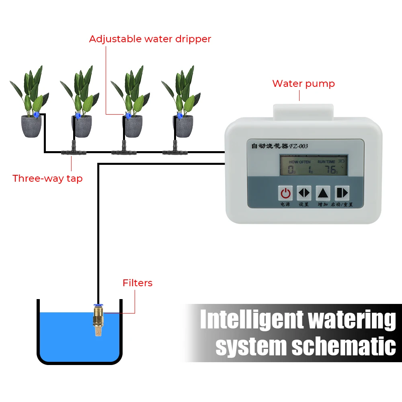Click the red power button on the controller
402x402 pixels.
click(x=285, y=193)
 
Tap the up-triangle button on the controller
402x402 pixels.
click(x=323, y=193)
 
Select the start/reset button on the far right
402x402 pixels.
click(x=342, y=193)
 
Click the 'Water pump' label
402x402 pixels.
click(x=304, y=84)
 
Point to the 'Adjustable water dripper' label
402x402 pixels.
click(x=150, y=39)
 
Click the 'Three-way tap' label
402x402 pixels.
click(x=47, y=178)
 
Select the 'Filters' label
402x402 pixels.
click(x=137, y=283)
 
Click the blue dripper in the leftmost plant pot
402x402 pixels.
click(x=37, y=115)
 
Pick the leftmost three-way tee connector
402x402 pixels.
click(x=73, y=152)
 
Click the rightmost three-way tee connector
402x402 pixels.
click(x=174, y=152)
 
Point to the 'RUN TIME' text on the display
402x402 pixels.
click(x=326, y=162)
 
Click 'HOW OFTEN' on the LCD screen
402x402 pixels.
click(x=299, y=162)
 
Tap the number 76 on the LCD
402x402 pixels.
click(x=330, y=170)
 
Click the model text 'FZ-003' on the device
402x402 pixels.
click(x=298, y=146)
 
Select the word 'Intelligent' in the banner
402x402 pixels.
click(x=252, y=320)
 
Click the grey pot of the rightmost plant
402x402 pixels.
click(x=183, y=126)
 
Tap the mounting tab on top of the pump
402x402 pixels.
click(x=304, y=111)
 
